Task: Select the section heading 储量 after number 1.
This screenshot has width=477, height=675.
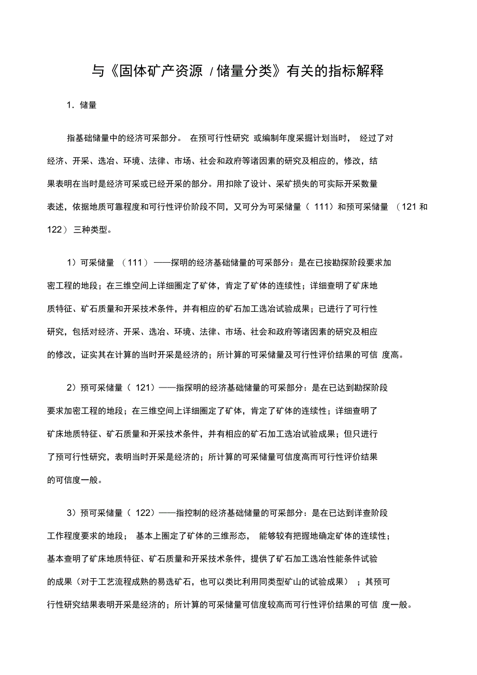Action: tap(88, 105)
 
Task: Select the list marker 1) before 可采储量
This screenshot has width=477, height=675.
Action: tap(72, 263)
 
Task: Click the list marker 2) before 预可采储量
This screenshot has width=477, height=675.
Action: tap(72, 387)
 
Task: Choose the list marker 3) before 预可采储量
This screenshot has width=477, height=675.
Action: tap(72, 513)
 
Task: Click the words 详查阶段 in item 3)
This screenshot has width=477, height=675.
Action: tap(370, 513)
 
